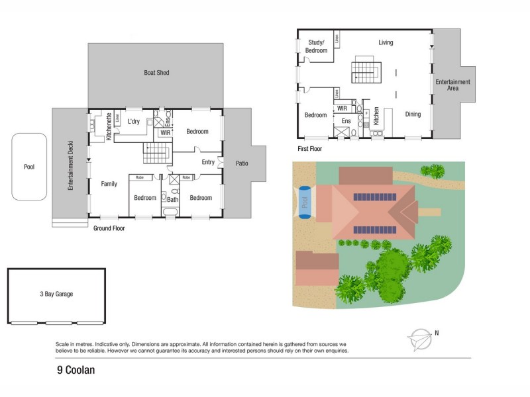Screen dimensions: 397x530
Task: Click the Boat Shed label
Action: coord(157,72)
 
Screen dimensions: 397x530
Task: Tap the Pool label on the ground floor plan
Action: coord(28,167)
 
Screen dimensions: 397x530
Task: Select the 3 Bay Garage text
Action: coord(56,295)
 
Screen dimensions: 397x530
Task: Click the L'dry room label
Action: coord(133,122)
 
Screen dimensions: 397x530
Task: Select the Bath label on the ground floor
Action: coord(172,198)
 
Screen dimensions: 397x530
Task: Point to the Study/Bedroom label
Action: coord(317,46)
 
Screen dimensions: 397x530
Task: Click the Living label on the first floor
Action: coord(386,42)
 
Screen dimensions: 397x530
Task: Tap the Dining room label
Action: coord(413,114)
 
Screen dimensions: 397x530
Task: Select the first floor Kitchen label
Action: coord(376,116)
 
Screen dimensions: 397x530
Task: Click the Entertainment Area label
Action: coord(452,85)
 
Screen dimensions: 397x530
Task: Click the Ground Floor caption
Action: coord(109,228)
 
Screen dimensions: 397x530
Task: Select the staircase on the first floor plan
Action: coord(365,69)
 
